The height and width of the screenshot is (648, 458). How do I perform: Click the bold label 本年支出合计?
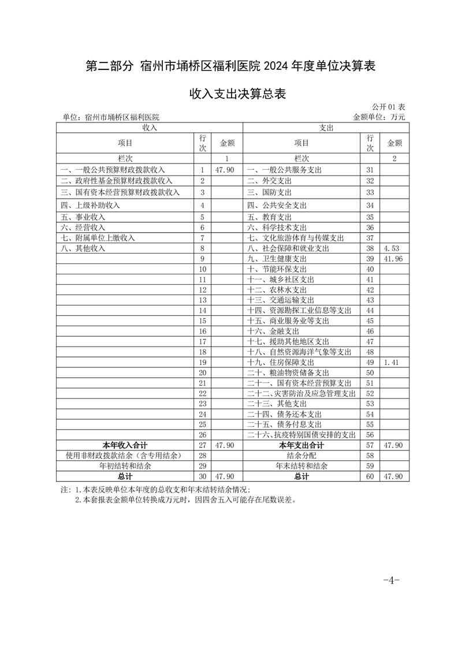[301, 445]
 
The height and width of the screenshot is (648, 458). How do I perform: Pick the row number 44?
[370, 311]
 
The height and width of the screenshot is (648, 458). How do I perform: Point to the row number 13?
[202, 300]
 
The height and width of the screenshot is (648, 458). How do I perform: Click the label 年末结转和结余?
[301, 465]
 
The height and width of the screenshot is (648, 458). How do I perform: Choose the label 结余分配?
[301, 456]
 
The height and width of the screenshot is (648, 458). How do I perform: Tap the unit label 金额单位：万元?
[379, 117]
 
